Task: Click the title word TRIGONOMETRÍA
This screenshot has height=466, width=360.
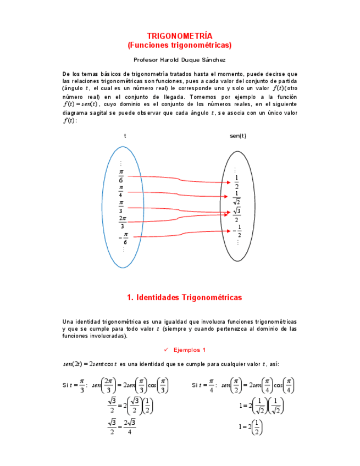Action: coord(180,36)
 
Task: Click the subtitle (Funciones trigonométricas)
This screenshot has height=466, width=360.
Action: coord(180,45)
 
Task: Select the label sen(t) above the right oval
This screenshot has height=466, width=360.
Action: coord(237,136)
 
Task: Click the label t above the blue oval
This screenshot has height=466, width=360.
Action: coord(125,136)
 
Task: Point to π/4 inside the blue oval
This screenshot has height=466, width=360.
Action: coord(121,191)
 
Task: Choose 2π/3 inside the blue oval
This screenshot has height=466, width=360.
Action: coord(122,222)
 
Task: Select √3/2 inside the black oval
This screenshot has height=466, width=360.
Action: coord(237,214)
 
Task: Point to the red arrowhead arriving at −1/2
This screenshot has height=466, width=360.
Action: coord(226,231)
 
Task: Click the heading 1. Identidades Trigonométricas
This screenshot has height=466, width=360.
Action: coord(184,297)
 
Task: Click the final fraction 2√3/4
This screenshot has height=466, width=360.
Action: coord(129,427)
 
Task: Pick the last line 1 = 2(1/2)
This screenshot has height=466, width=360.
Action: coord(251,426)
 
